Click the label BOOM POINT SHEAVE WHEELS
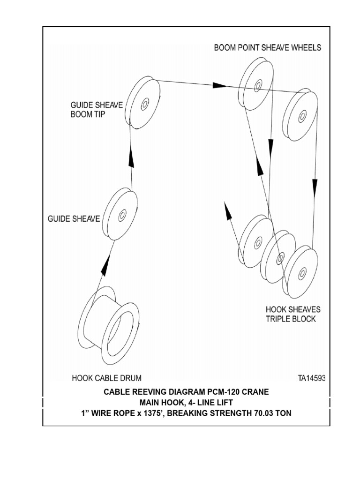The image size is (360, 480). tap(268, 48)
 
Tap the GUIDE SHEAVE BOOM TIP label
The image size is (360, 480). tap(97, 110)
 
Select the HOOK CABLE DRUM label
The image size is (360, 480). tap(106, 378)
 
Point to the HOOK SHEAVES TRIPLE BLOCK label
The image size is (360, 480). tap(293, 314)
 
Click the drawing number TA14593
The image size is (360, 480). tap(312, 378)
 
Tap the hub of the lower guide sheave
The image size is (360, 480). tap(122, 215)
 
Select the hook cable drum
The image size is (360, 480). tap(109, 325)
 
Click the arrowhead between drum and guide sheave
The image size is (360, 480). tap(106, 266)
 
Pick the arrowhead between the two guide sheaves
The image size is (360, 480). tap(131, 157)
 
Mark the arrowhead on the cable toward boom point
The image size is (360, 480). tap(220, 85)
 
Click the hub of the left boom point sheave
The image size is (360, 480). tap(258, 85)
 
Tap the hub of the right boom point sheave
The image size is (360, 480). tap(302, 116)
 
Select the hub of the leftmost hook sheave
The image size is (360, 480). tap(258, 242)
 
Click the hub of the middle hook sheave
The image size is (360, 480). tap(280, 258)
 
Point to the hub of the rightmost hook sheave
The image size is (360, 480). tap(302, 273)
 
